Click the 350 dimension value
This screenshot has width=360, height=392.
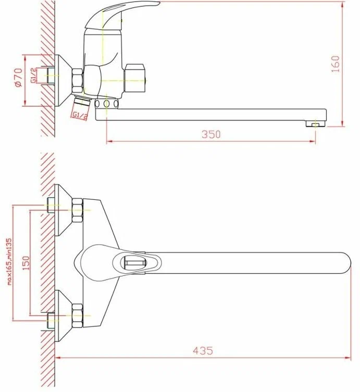[211, 134]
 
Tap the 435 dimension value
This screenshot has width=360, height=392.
[203, 350]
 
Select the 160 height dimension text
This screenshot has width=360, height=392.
[336, 64]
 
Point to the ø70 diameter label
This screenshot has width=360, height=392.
[19, 77]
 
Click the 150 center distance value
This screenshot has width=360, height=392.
[26, 263]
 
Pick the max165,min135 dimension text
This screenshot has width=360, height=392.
[9, 261]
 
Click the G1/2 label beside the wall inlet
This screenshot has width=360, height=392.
[33, 75]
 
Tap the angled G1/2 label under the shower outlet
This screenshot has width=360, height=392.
[80, 116]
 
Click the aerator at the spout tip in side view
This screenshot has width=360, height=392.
[315, 123]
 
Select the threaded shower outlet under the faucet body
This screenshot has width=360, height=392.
[82, 100]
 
